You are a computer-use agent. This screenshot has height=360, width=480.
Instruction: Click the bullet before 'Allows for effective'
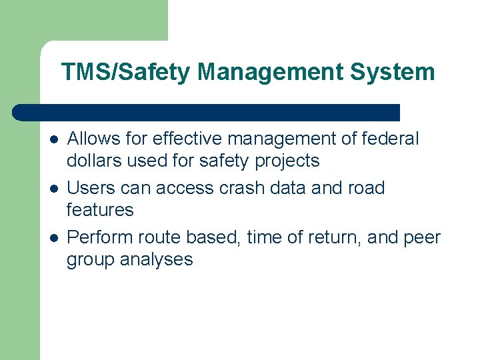click(x=53, y=139)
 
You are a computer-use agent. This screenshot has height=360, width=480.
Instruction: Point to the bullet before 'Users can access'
click(x=53, y=189)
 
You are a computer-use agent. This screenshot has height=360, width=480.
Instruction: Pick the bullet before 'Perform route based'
click(x=53, y=237)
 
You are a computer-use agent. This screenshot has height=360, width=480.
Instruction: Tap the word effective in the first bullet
click(x=187, y=139)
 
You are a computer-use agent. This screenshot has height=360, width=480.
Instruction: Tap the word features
click(x=100, y=210)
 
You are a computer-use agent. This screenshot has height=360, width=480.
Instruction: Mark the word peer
click(x=421, y=238)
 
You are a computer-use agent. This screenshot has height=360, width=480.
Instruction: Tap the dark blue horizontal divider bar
click(x=206, y=112)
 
